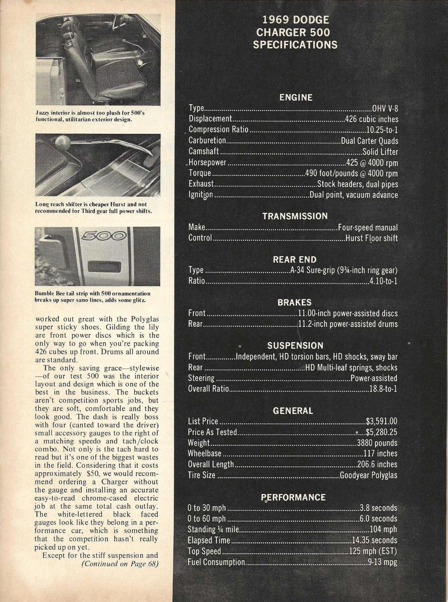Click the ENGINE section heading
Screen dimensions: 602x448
(x=296, y=98)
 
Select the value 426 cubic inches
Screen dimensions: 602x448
(x=372, y=119)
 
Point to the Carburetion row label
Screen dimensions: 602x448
(x=207, y=140)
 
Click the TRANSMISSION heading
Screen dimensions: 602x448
(x=295, y=216)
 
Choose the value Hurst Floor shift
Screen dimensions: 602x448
(x=372, y=238)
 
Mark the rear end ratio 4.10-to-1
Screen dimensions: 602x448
(x=383, y=281)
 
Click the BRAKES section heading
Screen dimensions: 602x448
(x=294, y=303)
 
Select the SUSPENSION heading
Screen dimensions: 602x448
(x=295, y=346)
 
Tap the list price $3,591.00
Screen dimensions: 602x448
(x=381, y=421)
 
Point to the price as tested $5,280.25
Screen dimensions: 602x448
(x=381, y=432)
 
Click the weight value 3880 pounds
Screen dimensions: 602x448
(x=377, y=443)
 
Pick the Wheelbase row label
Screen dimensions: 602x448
(x=204, y=454)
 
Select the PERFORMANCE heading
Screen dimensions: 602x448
(x=293, y=497)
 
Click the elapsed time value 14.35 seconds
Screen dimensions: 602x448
(x=374, y=540)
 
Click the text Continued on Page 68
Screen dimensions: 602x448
(x=120, y=564)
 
